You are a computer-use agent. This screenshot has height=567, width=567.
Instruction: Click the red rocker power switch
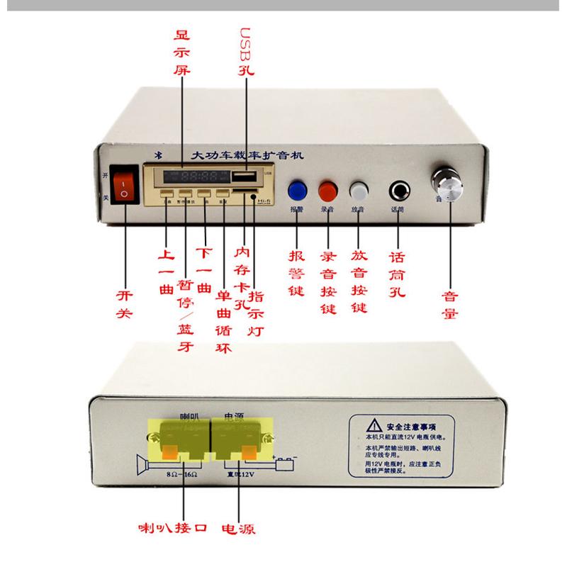click(x=125, y=185)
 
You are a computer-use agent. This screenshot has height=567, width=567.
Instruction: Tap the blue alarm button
click(x=297, y=190)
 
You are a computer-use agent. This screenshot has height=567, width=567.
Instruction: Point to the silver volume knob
click(x=447, y=186)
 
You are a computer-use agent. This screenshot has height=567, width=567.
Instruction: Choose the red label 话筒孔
click(x=398, y=276)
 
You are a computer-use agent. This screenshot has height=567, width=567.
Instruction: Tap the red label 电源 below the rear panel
click(x=238, y=529)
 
